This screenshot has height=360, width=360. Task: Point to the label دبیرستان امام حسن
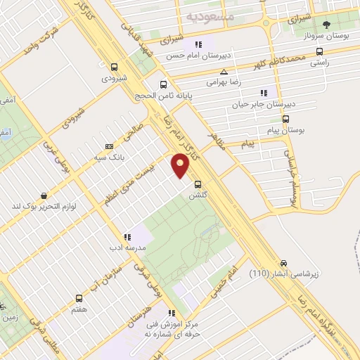tap(199, 54)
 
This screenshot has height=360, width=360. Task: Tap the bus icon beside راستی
tap(321, 51)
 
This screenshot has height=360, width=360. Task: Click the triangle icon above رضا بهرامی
tap(224, 72)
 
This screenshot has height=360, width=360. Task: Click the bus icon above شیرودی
tap(114, 67)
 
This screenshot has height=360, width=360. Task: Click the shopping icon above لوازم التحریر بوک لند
tap(44, 196)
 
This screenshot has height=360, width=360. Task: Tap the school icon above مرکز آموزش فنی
tap(171, 314)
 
